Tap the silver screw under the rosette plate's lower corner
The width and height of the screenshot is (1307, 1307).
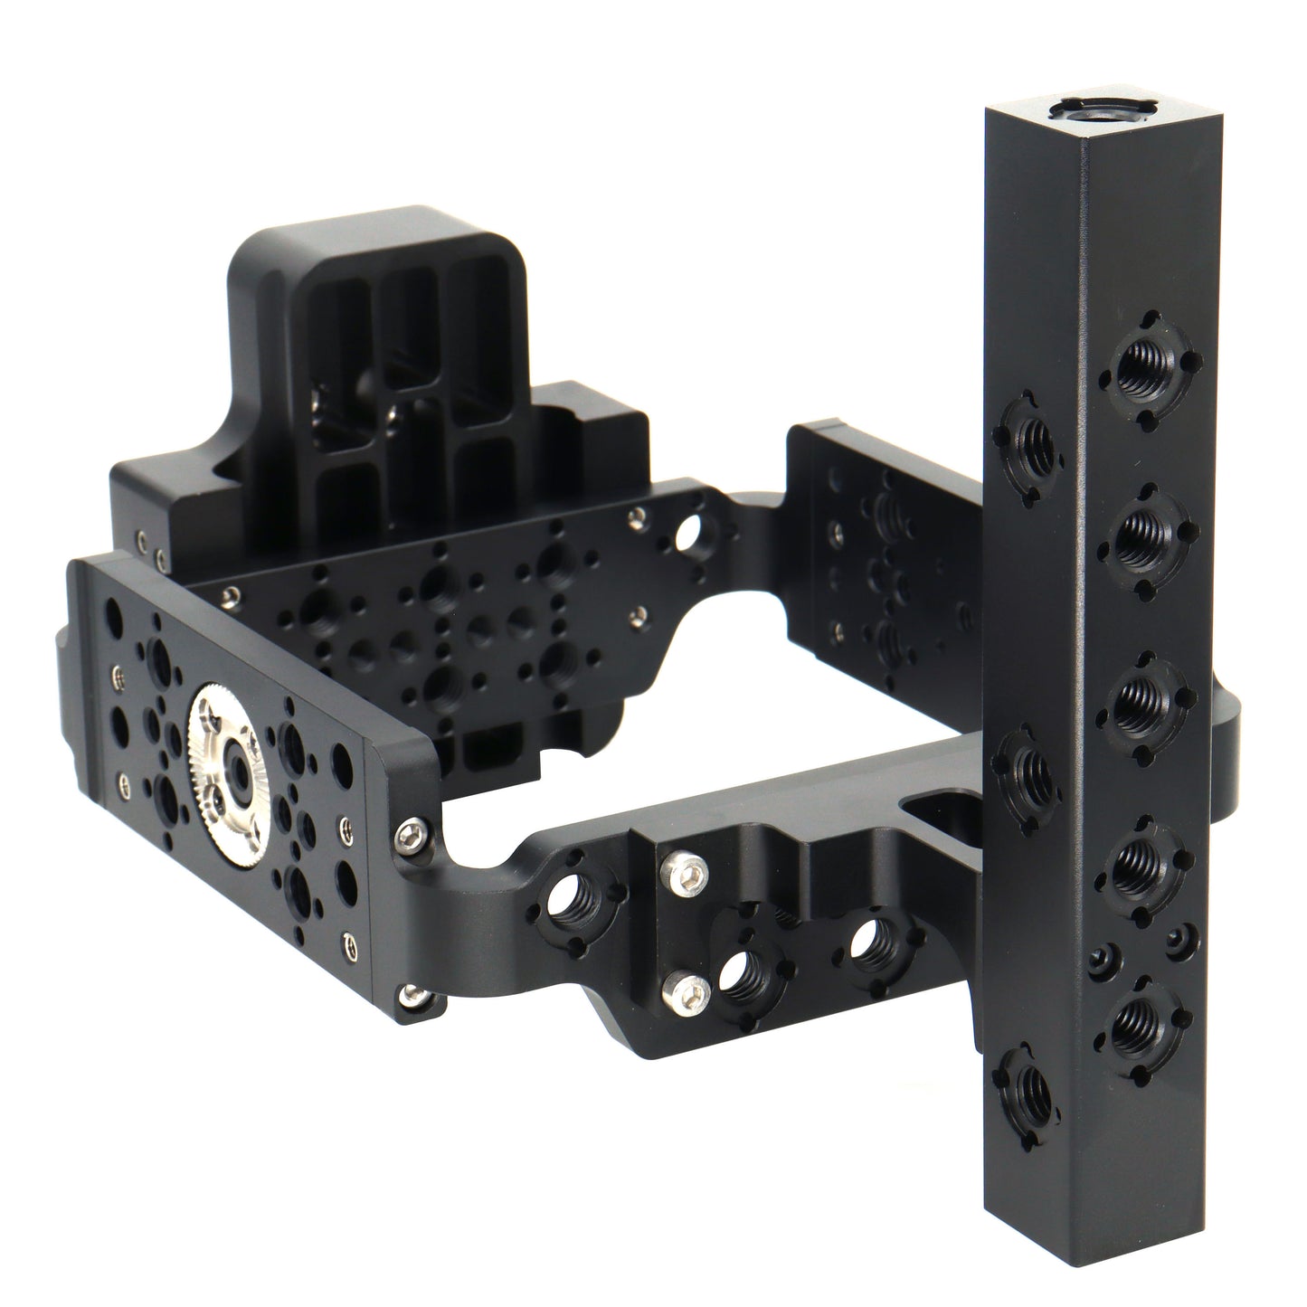[x=414, y=996]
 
